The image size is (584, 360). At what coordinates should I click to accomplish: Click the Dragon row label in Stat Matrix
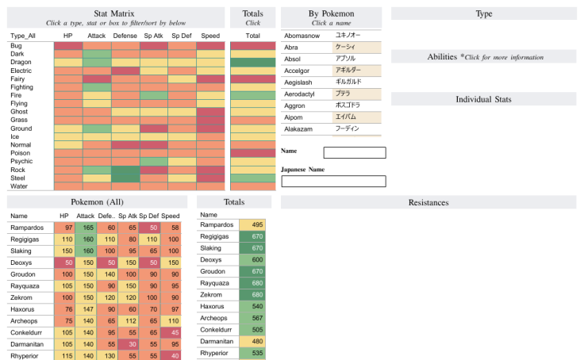21,62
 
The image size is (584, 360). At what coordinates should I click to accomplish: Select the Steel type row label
19,178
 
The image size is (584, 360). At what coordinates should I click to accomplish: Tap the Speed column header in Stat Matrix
210,36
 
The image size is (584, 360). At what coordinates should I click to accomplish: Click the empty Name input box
354,152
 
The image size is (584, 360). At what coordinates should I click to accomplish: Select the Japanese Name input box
333,181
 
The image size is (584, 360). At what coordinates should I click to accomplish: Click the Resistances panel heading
428,202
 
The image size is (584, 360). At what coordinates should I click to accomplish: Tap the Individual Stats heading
483,99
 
